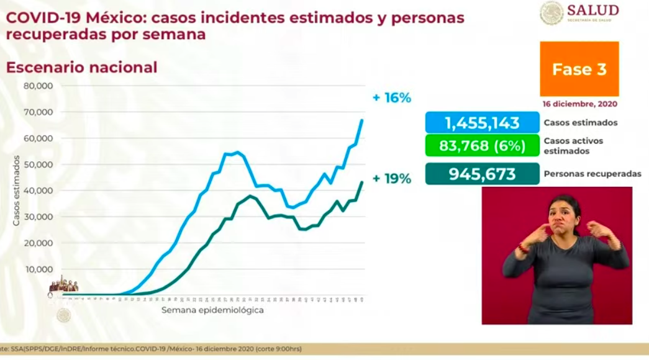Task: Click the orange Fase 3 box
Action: click(x=579, y=69)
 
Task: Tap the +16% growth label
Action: click(x=391, y=98)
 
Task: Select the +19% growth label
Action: click(x=391, y=179)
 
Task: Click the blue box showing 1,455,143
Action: click(x=482, y=122)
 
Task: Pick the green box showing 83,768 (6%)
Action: click(x=482, y=146)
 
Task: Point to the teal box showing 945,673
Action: click(x=482, y=174)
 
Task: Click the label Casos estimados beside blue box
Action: click(x=580, y=123)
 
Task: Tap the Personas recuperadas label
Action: click(x=592, y=174)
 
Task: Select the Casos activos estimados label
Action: click(x=573, y=146)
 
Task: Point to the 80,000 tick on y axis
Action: click(x=38, y=86)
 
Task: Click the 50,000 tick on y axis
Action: click(x=38, y=164)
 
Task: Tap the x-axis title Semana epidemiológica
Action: click(x=212, y=310)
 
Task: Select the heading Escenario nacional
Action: click(x=81, y=67)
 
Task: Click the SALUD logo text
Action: click(x=592, y=11)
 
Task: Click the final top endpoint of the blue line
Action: click(x=362, y=120)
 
